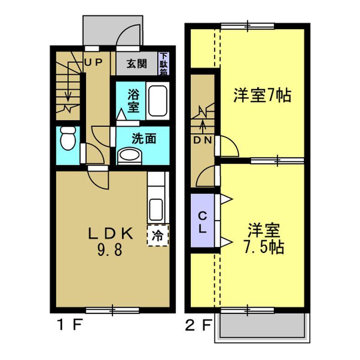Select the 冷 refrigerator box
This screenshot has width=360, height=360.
(x=157, y=236)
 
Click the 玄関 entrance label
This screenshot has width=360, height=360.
(x=136, y=64)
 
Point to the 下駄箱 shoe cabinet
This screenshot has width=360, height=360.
(x=163, y=64)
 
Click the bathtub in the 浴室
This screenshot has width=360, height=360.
(x=158, y=101)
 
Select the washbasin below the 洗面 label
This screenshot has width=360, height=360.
(x=130, y=156)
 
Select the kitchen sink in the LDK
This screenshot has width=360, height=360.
(x=156, y=209)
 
